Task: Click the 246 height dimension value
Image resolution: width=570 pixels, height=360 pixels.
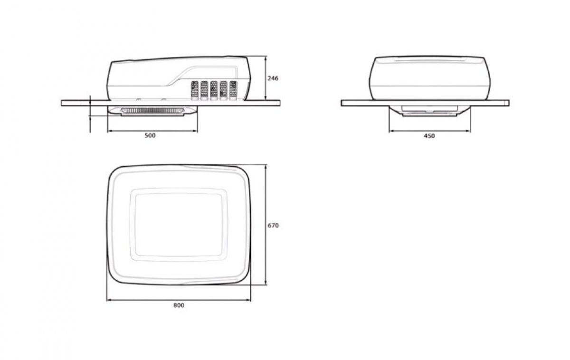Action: coord(273,78)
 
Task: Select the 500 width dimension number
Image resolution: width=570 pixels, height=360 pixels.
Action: coord(150,135)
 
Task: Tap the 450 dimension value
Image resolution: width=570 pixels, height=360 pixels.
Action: coord(429,136)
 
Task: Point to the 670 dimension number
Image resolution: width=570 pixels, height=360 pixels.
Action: coord(273,226)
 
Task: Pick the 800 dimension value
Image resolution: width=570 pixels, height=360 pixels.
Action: coord(179,305)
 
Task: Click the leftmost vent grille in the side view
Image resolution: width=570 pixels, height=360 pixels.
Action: coord(194,90)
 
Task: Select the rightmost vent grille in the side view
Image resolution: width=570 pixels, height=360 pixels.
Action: coord(233,90)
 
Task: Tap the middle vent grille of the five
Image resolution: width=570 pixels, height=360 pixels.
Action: coord(214,90)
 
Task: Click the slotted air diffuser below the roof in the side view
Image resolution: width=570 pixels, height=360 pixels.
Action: coord(152,111)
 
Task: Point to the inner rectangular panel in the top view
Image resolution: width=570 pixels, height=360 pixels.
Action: coord(179,224)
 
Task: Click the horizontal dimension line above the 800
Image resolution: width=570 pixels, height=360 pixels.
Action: coord(179,300)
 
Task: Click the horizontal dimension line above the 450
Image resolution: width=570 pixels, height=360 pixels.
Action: coord(429,131)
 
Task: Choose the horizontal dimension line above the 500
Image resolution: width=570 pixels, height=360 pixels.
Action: coord(152,130)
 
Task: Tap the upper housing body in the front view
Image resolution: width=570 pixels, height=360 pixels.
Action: coord(429,78)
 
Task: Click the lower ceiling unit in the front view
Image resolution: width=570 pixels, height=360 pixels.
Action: coord(429,111)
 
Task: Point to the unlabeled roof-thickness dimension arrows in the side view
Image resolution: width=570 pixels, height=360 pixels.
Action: coord(90,114)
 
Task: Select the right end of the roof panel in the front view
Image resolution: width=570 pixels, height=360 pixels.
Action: coord(503,103)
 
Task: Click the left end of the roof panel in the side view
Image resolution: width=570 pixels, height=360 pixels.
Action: coord(66,102)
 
